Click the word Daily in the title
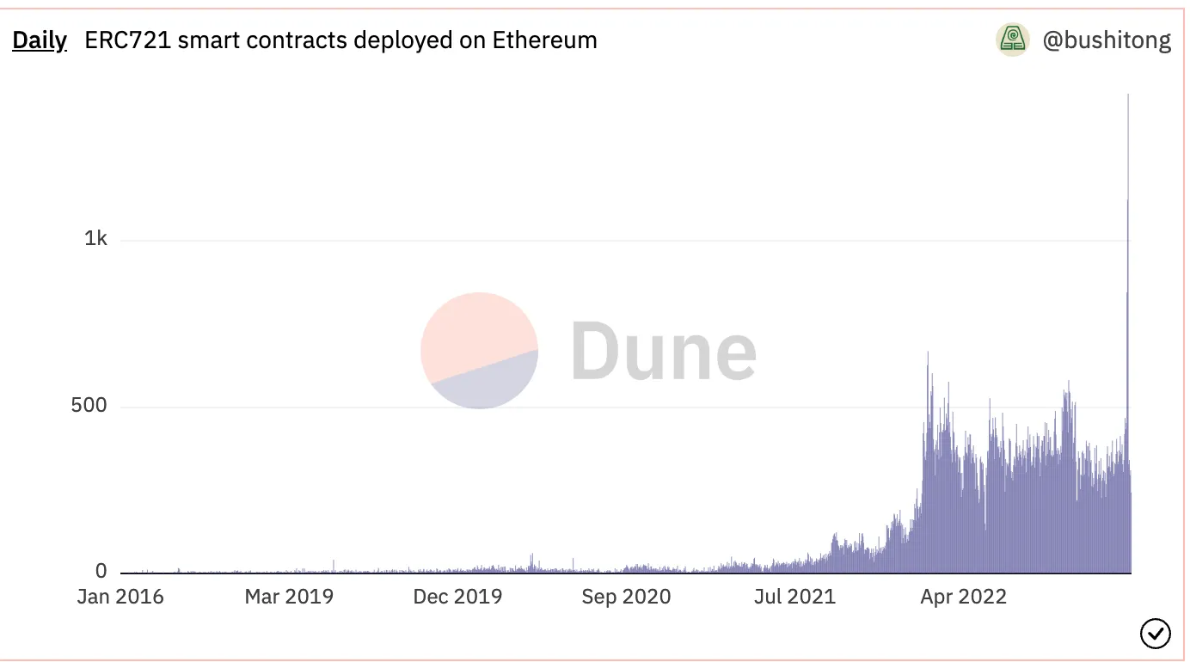39,40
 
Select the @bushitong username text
1107,40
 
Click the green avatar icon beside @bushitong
1013,40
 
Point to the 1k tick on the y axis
95,239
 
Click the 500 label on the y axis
89,405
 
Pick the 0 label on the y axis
101,572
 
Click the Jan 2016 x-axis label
120,597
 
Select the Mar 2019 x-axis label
289,597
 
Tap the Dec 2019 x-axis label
457,597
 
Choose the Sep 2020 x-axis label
626,597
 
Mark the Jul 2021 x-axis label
794,597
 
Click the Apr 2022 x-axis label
963,597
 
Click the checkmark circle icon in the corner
1155,634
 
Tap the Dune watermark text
663,350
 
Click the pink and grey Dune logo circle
479,350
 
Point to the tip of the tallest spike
1127,95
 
